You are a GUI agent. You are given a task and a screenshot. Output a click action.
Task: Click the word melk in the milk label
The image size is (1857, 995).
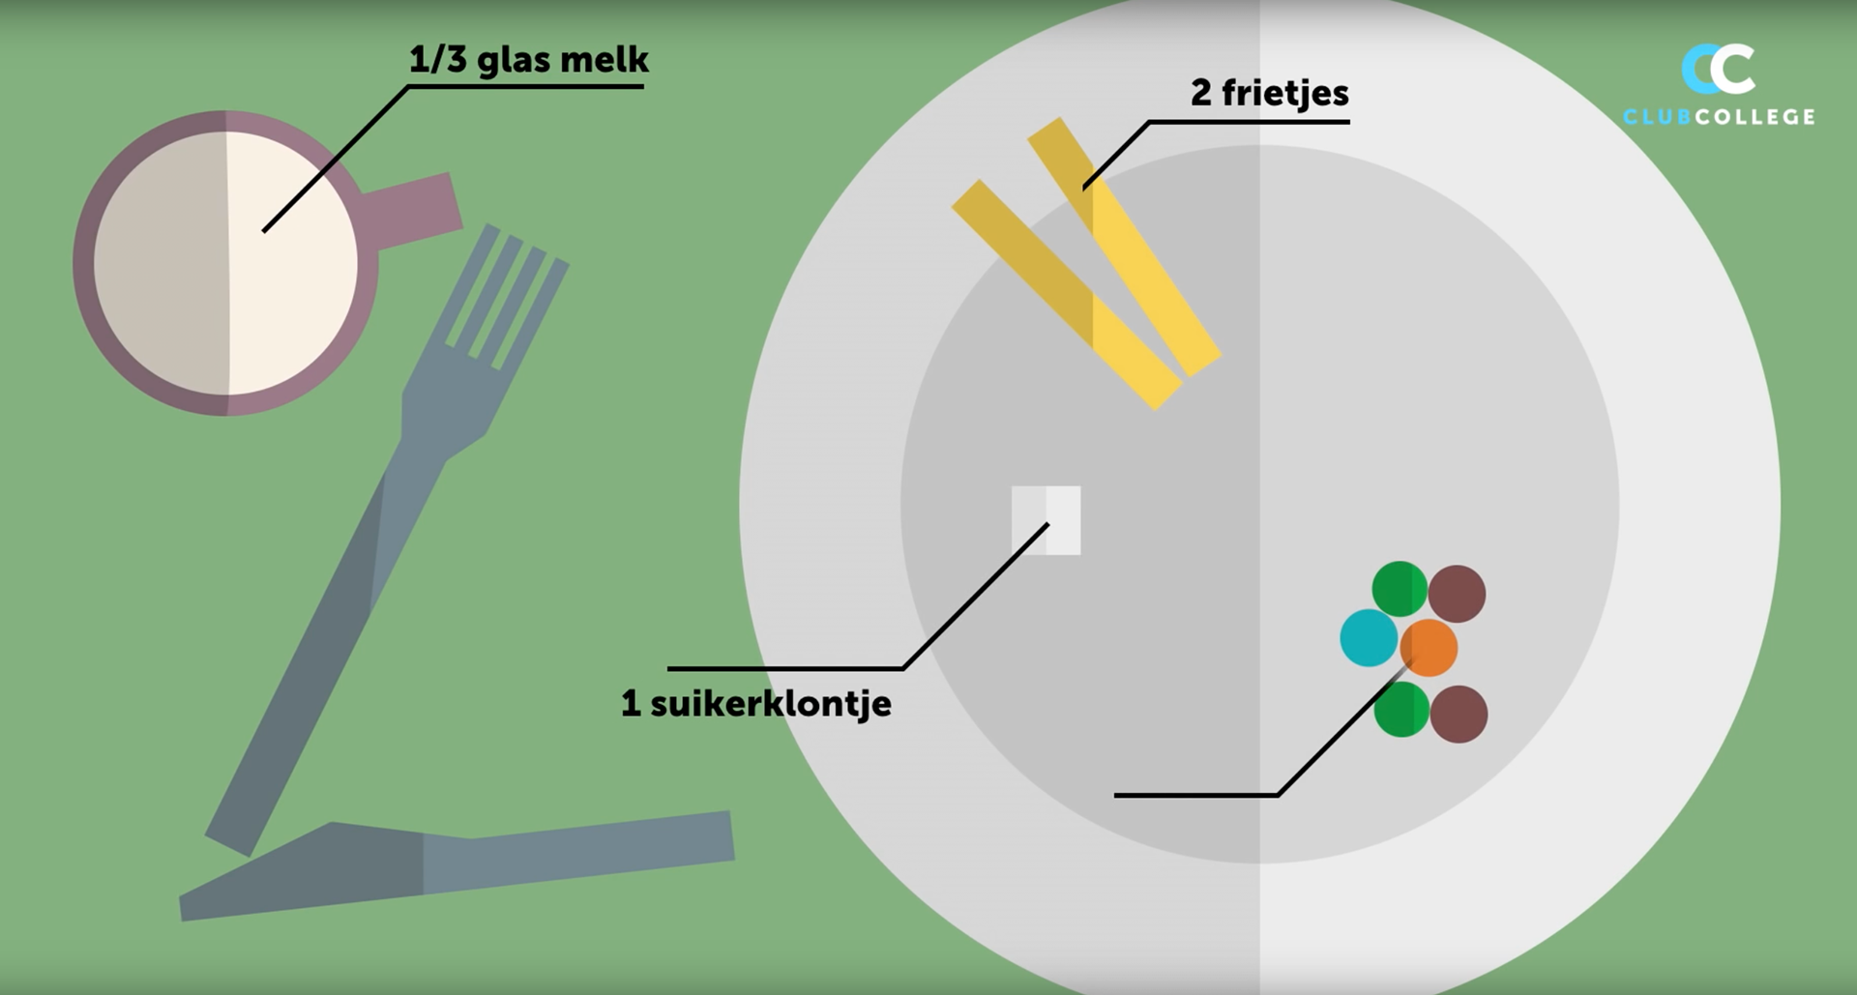coord(604,60)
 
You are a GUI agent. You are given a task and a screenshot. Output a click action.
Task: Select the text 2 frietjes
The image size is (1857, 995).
coord(1269,94)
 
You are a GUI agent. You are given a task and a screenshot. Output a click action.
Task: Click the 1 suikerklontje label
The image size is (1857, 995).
coord(756,704)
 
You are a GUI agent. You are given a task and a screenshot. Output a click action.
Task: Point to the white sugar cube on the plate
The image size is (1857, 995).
coord(1046,520)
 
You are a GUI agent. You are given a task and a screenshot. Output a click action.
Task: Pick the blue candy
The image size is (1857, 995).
coord(1368,638)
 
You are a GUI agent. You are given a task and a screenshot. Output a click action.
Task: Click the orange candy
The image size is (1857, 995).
coord(1430,648)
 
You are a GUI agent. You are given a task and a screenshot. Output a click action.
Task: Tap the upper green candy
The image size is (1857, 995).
coord(1399,588)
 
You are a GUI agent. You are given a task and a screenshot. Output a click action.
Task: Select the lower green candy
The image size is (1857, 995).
coord(1400,709)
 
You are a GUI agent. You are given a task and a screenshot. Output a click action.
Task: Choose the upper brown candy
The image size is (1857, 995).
coord(1457,594)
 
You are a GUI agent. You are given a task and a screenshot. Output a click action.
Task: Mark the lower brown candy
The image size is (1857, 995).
coord(1459,715)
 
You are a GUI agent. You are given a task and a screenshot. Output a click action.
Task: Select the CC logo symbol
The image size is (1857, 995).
coord(1718,69)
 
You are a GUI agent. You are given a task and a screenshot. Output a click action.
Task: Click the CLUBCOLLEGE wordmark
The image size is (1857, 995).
coord(1719,117)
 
